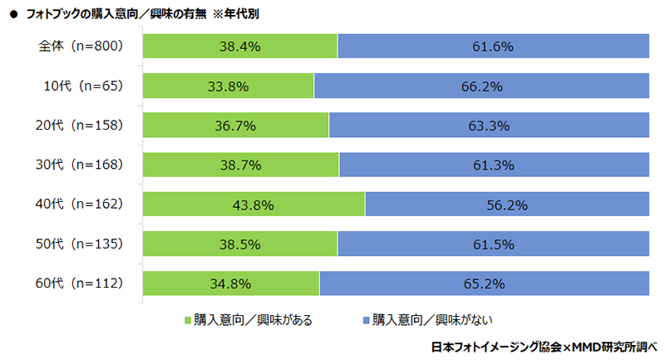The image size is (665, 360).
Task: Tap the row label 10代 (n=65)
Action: click(83, 86)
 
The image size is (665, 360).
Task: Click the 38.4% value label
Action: click(240, 47)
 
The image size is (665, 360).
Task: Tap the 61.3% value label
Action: click(493, 165)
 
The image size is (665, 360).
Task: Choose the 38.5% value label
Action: click(240, 244)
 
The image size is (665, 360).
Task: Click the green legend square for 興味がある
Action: click(186, 319)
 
